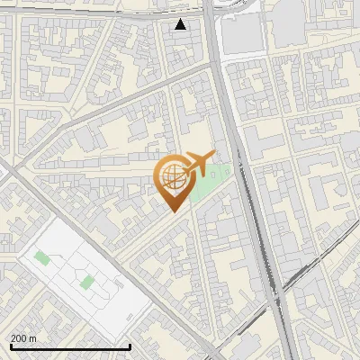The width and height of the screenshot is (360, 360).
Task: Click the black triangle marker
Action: [x=181, y=24]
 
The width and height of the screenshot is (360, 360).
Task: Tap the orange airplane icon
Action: [x=200, y=164]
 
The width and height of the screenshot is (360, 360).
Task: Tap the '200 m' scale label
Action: [x=24, y=337]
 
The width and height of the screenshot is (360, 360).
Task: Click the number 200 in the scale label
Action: [x=19, y=337]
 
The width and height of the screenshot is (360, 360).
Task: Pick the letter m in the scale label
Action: [x=33, y=337]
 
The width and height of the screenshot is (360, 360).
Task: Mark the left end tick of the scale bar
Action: [x=11, y=345]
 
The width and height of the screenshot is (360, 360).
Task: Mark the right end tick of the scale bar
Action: [x=130, y=345]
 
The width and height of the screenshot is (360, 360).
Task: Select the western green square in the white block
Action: [x=42, y=258]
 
